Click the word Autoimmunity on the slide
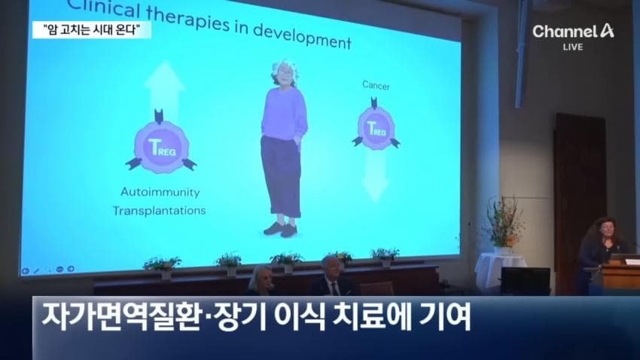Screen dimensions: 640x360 [160, 192]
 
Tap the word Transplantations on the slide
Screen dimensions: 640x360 [159, 211]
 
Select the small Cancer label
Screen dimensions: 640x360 [376, 86]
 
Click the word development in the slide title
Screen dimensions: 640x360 [302, 36]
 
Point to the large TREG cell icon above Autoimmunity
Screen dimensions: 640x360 [161, 145]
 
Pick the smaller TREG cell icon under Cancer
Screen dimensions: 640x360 [376, 127]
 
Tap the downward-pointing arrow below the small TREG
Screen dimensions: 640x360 [376, 175]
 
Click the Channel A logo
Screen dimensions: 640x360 [573, 31]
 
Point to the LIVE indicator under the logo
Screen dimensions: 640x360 [573, 47]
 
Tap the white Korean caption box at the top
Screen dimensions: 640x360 [92, 30]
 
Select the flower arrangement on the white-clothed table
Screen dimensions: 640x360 [504, 224]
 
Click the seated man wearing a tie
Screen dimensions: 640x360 [333, 278]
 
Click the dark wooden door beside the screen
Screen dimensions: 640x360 [579, 196]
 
